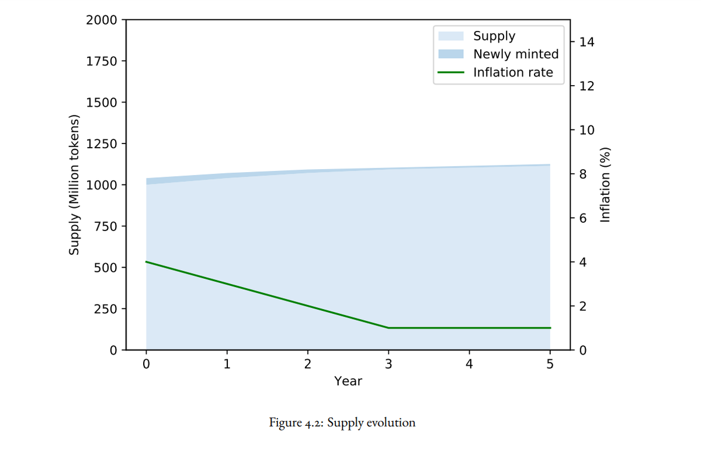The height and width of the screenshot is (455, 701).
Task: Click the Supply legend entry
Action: pyautogui.click(x=494, y=36)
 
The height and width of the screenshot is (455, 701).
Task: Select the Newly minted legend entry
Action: pyautogui.click(x=515, y=54)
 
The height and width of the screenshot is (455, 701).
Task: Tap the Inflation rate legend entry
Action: pyautogui.click(x=512, y=73)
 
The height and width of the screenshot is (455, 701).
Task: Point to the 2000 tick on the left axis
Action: pyautogui.click(x=100, y=20)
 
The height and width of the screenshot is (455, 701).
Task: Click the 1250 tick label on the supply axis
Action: pyautogui.click(x=100, y=143)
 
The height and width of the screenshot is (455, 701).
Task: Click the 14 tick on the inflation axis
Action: pyautogui.click(x=585, y=42)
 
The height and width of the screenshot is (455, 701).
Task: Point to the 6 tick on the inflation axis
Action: pyautogui.click(x=582, y=218)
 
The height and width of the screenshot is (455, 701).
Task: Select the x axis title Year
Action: pyautogui.click(x=348, y=381)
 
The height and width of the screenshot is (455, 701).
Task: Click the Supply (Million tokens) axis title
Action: pyautogui.click(x=74, y=185)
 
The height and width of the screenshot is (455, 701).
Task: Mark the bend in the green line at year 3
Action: pyautogui.click(x=388, y=328)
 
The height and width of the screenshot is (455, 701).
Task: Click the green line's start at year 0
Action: pyautogui.click(x=146, y=262)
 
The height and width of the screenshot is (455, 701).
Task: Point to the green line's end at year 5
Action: pyautogui.click(x=550, y=328)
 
